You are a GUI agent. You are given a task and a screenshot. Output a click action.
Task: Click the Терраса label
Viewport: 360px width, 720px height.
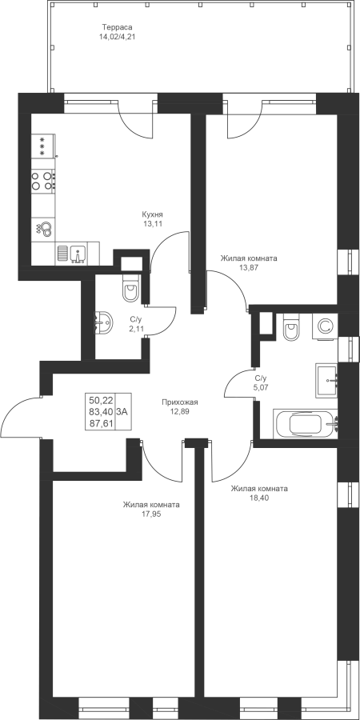tap(117, 27)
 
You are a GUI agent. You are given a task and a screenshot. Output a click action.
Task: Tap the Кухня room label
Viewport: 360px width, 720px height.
tap(153, 214)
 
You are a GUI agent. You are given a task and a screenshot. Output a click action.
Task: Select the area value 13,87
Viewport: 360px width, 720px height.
tap(249, 267)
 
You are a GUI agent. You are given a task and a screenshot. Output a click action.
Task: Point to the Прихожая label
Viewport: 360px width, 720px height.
tap(179, 402)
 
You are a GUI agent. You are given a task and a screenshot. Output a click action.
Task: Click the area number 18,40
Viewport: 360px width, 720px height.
tap(259, 498)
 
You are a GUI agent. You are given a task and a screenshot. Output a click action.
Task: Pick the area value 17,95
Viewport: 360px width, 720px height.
tap(151, 514)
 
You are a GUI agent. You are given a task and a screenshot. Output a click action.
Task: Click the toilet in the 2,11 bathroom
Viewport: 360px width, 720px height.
tap(131, 288)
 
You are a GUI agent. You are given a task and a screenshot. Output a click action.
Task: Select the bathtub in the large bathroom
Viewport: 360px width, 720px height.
tap(306, 424)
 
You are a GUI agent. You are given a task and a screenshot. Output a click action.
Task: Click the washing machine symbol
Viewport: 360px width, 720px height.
tap(325, 326)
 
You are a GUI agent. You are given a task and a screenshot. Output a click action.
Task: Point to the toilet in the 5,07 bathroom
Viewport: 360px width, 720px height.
tap(291, 326)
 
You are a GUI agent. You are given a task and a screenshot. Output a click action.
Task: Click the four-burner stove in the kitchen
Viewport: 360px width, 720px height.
tap(42, 180)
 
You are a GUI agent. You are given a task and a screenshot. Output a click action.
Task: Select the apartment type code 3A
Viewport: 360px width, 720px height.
tap(122, 412)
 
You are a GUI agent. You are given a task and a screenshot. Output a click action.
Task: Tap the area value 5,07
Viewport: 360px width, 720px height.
tap(260, 386)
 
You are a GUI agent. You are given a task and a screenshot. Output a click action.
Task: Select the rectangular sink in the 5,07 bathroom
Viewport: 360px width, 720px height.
tap(327, 380)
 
